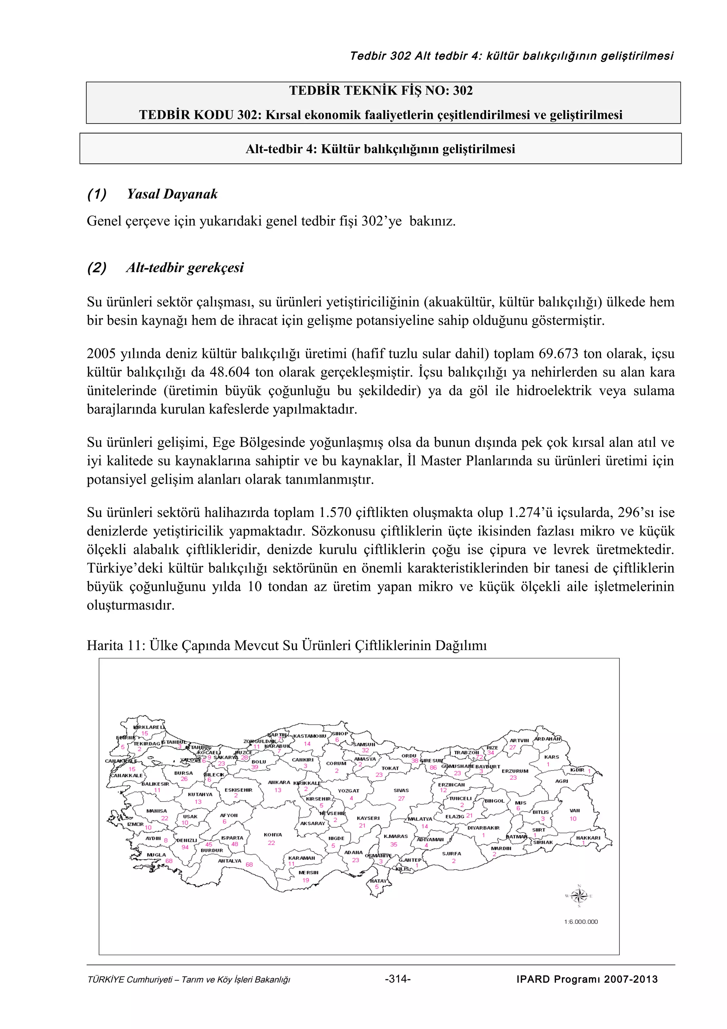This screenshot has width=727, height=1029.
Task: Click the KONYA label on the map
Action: [273, 835]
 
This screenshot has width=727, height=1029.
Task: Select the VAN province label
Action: [575, 810]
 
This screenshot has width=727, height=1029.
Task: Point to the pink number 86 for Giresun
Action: [433, 767]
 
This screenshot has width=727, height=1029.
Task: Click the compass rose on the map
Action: [579, 896]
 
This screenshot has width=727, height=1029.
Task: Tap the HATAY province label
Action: [378, 881]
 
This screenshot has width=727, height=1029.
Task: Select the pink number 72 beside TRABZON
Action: [480, 757]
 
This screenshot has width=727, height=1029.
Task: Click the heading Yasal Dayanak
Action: [172, 194]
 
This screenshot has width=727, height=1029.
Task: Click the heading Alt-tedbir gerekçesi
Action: [185, 268]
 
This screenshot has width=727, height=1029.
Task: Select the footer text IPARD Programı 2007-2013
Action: [587, 979]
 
